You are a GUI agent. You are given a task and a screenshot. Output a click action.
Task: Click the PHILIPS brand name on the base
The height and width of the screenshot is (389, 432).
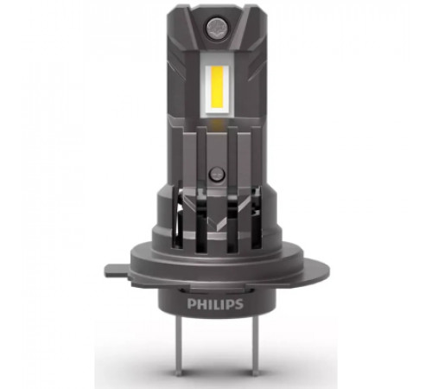pyautogui.click(x=215, y=304)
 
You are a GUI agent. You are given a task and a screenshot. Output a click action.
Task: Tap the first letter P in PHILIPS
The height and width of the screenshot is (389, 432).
pyautogui.click(x=191, y=304)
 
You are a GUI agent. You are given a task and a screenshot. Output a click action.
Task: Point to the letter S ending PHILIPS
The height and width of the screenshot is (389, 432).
pyautogui.click(x=239, y=304)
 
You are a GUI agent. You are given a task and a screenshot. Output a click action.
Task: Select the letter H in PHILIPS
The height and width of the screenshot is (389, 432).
pyautogui.click(x=200, y=304)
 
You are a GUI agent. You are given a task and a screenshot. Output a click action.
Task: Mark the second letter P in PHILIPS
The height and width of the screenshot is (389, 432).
pyautogui.click(x=230, y=304)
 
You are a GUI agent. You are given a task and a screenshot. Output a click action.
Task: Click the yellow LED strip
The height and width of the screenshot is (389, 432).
pyautogui.click(x=218, y=89)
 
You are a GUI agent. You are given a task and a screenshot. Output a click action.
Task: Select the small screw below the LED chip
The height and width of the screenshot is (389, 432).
pyautogui.click(x=216, y=174)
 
